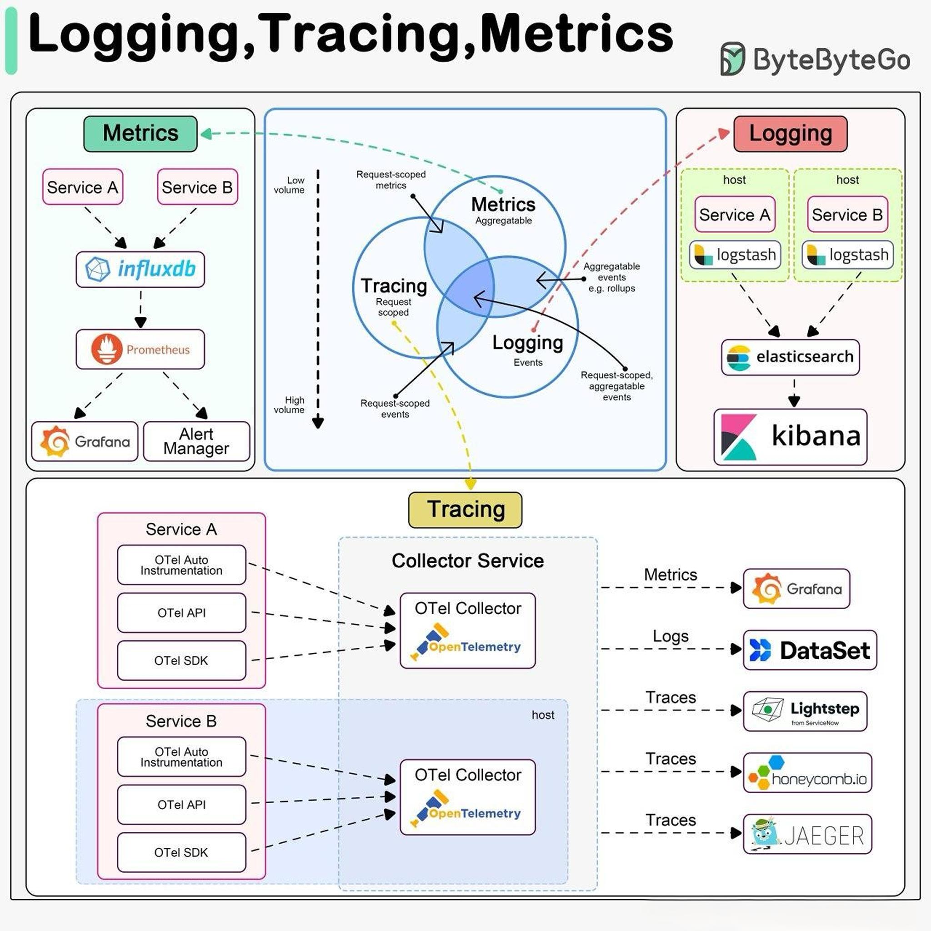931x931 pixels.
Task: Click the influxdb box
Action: (x=140, y=270)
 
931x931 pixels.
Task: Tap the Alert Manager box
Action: (x=196, y=441)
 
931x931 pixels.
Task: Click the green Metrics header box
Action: (x=140, y=134)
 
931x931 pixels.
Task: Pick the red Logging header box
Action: (x=790, y=134)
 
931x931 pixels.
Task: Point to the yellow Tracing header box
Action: (x=465, y=510)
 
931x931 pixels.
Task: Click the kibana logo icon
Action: (x=739, y=437)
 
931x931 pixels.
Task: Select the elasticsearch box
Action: (x=790, y=357)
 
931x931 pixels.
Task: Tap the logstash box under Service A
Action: (x=735, y=255)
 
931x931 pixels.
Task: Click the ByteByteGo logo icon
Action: (x=733, y=59)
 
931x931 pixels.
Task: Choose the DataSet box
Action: (x=810, y=650)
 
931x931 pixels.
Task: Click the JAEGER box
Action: (x=808, y=834)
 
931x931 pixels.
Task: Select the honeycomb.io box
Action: (x=808, y=773)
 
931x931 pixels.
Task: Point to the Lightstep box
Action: (x=805, y=711)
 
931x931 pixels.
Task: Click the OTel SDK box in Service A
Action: (x=182, y=660)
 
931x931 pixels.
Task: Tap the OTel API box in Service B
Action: (x=182, y=804)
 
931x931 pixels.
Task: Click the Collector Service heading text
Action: (x=467, y=561)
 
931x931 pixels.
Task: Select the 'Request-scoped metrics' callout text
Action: (x=391, y=180)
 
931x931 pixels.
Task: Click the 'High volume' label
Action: (x=289, y=405)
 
